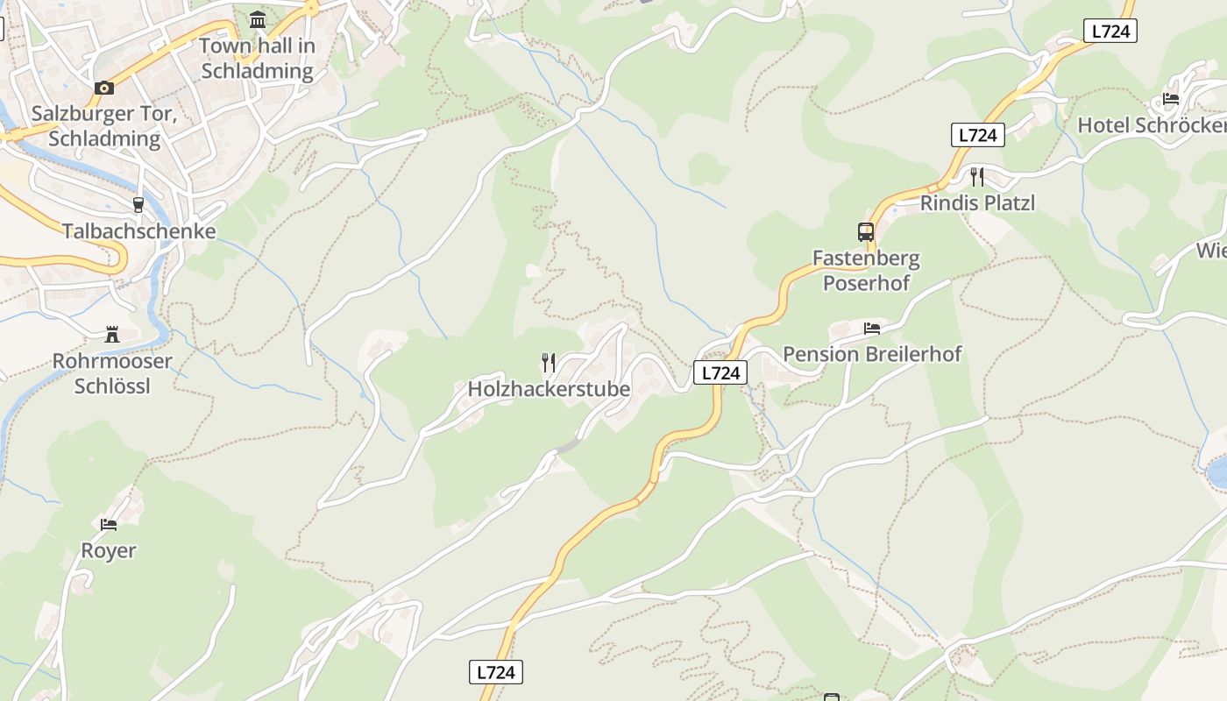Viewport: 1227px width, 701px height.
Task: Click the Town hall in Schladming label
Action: [x=257, y=58]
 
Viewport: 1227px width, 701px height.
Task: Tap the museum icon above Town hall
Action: [x=258, y=19]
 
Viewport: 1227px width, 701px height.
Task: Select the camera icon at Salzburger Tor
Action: [x=104, y=88]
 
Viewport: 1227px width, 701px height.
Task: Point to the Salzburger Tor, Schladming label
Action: [x=104, y=126]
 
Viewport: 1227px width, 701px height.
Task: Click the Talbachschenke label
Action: [x=138, y=231]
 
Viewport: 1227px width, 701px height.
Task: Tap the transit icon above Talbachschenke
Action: [x=138, y=205]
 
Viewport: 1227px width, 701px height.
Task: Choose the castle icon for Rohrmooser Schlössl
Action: [x=112, y=334]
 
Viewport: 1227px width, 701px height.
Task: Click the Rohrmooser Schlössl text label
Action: [x=112, y=373]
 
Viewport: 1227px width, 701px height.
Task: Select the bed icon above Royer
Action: [x=109, y=525]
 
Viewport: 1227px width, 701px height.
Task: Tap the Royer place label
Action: [x=109, y=550]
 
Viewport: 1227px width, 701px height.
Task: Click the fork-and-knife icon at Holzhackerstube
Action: [x=549, y=362]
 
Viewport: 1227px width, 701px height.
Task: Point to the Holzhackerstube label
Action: [x=549, y=389]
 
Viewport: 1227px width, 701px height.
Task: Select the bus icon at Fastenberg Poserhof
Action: [x=866, y=232]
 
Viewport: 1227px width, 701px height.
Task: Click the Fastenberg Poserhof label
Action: [x=866, y=271]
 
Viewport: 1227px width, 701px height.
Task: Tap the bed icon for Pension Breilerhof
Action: [x=872, y=329]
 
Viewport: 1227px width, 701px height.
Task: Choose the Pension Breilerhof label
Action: [x=872, y=354]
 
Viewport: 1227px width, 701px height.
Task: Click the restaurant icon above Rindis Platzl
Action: [x=977, y=177]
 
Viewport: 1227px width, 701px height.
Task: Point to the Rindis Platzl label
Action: [x=977, y=203]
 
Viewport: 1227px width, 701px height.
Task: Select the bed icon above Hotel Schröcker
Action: [x=1171, y=98]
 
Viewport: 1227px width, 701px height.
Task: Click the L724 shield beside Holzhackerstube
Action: [x=720, y=372]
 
